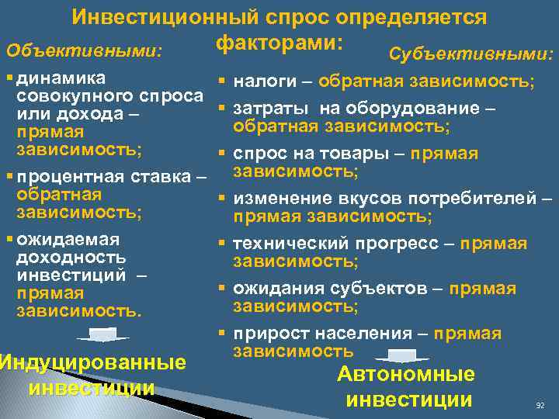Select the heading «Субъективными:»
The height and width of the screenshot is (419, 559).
470,54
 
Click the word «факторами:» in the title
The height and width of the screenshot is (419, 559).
279,43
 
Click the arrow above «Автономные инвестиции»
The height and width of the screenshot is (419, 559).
401,356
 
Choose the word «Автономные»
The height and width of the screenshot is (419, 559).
406,374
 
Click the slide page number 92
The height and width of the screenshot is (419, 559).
540,405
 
